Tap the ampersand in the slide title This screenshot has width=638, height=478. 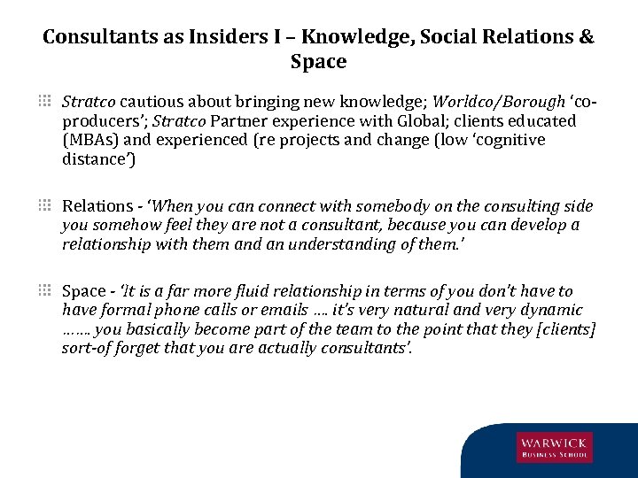click(586, 37)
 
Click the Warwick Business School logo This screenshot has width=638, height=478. click(554, 447)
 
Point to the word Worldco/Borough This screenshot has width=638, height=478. click(508, 101)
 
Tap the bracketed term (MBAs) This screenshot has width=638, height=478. click(89, 140)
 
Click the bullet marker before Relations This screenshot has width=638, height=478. click(44, 205)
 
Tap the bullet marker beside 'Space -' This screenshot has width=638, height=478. click(44, 290)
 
